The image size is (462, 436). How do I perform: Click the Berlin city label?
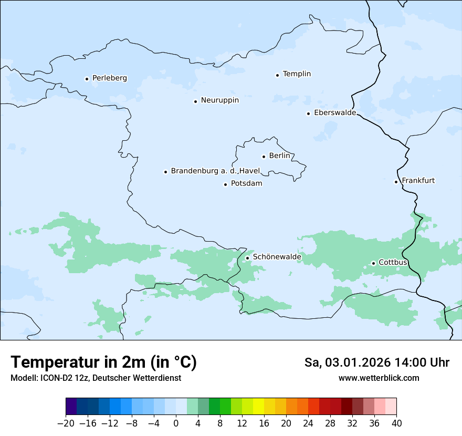(x=279, y=156)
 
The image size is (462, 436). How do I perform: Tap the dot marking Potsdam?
(x=225, y=184)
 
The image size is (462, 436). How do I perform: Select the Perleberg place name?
(x=109, y=78)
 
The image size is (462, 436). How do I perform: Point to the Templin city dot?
(x=277, y=75)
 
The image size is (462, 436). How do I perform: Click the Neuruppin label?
(x=219, y=100)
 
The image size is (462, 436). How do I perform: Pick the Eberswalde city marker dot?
(x=309, y=113)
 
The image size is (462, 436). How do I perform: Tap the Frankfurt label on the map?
(x=418, y=181)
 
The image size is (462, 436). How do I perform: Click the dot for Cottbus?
(x=373, y=263)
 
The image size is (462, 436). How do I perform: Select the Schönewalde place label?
(x=277, y=257)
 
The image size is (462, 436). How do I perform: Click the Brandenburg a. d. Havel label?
(x=215, y=171)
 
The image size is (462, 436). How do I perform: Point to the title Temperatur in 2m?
(x=103, y=362)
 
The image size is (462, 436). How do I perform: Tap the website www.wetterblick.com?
(x=379, y=378)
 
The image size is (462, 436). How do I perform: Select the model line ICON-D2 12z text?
(x=96, y=378)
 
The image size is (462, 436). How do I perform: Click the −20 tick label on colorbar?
(x=66, y=423)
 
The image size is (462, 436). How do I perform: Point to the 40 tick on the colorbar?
(x=396, y=423)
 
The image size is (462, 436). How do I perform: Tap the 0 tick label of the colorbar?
(x=176, y=423)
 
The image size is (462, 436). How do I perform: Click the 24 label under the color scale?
(x=308, y=423)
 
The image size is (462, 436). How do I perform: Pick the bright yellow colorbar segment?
(x=258, y=407)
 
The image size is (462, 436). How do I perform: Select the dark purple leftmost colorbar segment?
(x=71, y=407)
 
